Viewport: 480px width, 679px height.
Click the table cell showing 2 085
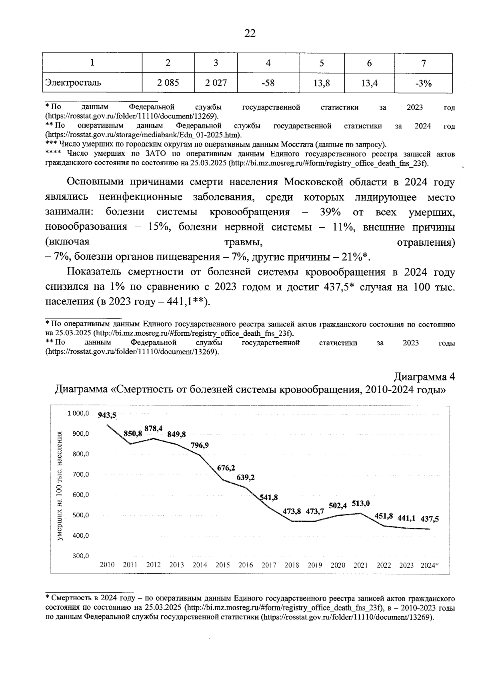[168, 83]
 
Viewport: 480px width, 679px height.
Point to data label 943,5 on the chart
[107, 415]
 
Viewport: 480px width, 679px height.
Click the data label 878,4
[153, 428]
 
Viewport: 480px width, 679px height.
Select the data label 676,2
[226, 468]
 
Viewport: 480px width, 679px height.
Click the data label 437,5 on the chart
[429, 519]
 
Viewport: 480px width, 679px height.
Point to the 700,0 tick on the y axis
[80, 475]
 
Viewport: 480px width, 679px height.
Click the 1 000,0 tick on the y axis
[78, 413]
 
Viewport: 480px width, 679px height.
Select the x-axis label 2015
[222, 565]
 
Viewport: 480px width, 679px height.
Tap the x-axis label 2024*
[430, 565]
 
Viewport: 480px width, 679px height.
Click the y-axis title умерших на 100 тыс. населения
[60, 486]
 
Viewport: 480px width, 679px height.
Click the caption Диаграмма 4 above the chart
[424, 377]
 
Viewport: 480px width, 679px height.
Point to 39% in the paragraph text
[330, 212]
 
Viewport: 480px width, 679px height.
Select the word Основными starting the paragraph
[94, 182]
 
